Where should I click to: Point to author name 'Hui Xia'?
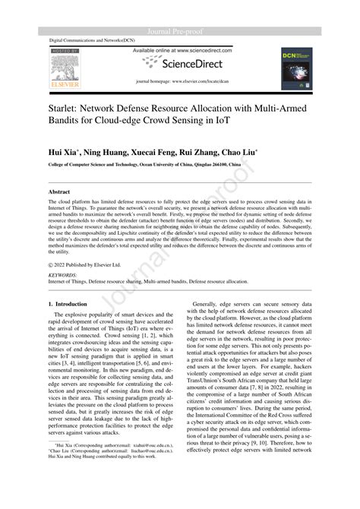[x=64, y=152]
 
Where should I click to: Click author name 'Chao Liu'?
[x=242, y=152]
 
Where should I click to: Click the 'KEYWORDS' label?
[x=62, y=274]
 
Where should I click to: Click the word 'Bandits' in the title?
[x=66, y=122]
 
